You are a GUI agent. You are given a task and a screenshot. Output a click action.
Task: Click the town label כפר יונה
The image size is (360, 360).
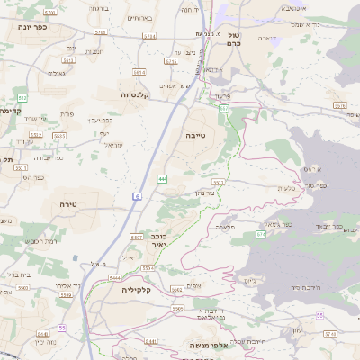(x=31, y=27)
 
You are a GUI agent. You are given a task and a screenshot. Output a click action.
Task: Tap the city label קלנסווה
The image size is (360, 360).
(x=139, y=94)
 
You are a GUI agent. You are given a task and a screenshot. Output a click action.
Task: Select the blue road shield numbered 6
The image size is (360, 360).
(x=138, y=195)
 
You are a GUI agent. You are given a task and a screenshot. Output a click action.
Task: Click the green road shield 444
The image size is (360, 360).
(x=162, y=179)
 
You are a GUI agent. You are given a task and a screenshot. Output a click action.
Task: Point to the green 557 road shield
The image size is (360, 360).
(x=223, y=108)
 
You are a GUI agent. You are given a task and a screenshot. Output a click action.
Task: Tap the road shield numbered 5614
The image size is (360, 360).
(x=139, y=72)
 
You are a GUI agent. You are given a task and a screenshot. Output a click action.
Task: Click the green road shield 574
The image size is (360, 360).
(x=261, y=234)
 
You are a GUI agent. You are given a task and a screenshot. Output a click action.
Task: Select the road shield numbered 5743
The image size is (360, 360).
(x=331, y=333)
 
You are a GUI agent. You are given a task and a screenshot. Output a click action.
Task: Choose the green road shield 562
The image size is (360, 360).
(x=22, y=97)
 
